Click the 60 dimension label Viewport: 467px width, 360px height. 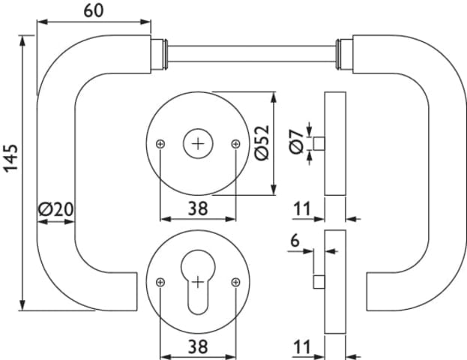[94, 10]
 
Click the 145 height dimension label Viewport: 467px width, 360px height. [11, 158]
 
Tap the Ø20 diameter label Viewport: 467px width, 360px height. [55, 209]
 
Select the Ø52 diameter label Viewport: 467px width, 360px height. [262, 142]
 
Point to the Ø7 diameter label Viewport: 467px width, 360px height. [296, 142]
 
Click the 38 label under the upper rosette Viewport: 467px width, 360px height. [198, 208]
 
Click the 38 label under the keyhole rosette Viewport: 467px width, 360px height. [198, 346]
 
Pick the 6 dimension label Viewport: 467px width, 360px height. [295, 240]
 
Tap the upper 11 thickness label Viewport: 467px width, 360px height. [302, 208]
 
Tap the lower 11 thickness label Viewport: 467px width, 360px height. [302, 346]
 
